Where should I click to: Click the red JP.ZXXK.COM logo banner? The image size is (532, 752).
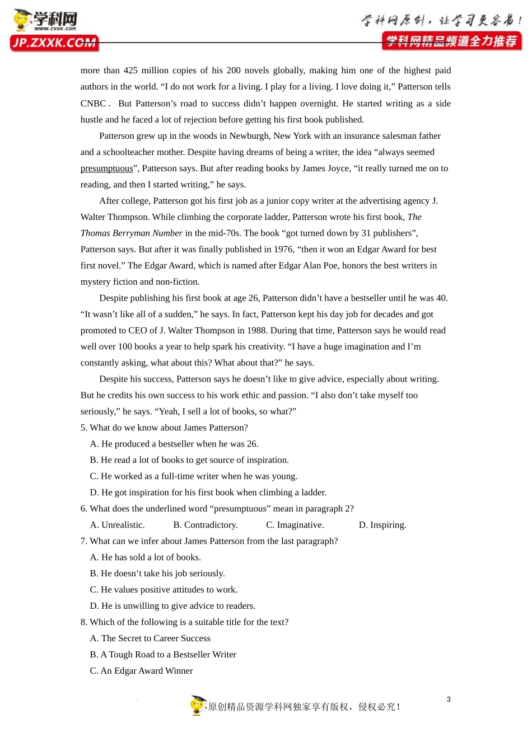pos(54,43)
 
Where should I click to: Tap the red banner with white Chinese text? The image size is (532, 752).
pos(451,41)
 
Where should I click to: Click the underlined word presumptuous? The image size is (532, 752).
pos(106,168)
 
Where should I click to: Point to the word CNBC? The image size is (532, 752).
pos(93,104)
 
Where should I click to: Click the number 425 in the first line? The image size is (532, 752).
pos(130,70)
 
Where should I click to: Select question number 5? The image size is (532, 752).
pos(83,428)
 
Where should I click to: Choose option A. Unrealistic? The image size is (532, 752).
pos(118,525)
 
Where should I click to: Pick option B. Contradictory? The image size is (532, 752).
pos(206,525)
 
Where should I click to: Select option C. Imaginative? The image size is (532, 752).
pos(295,525)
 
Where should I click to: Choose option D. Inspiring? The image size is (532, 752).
pos(382,525)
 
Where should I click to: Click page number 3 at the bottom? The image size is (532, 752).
pos(449,699)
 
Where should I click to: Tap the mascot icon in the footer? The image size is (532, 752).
pos(198,706)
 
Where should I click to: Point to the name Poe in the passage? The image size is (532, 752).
pos(330,266)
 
